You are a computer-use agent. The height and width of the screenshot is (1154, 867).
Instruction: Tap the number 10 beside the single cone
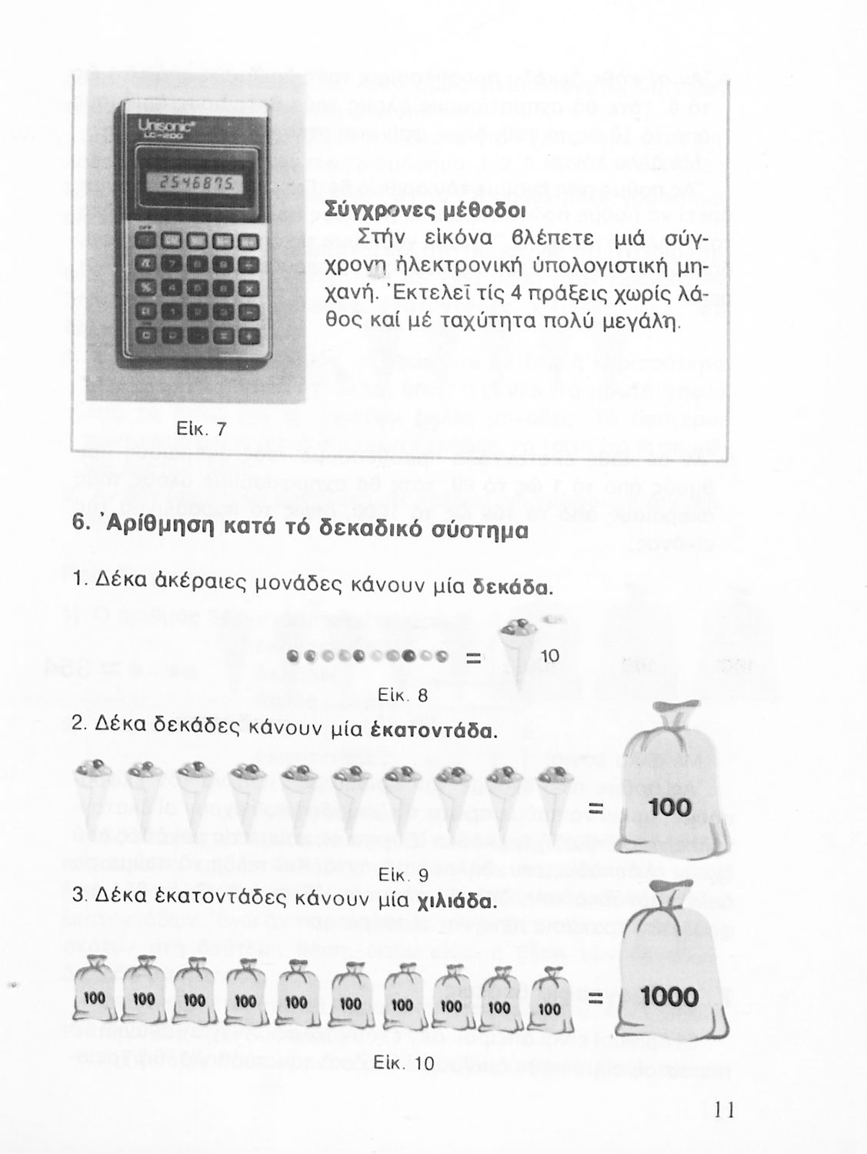point(549,656)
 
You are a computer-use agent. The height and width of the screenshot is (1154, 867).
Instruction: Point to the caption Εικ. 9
point(403,876)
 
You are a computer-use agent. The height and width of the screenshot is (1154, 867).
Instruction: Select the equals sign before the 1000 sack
point(594,999)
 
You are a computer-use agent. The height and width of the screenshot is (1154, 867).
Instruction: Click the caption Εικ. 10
point(402,1063)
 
